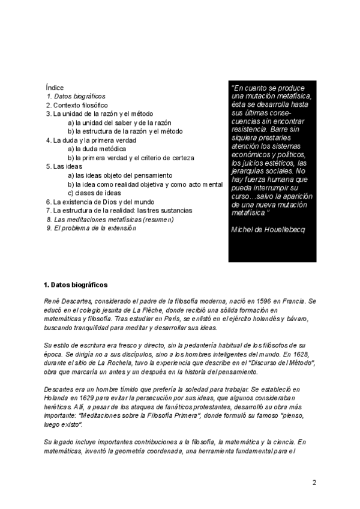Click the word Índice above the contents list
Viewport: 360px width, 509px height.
tap(55, 88)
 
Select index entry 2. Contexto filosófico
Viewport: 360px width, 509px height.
tap(73, 105)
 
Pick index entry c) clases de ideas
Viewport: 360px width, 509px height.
tap(94, 193)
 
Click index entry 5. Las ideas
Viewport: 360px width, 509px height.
tap(64, 166)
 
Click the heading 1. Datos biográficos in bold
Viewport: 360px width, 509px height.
tap(76, 284)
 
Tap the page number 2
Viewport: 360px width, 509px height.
tap(314, 482)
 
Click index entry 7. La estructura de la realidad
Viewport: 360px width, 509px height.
tap(119, 211)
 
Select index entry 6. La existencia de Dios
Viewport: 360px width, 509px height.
tap(100, 202)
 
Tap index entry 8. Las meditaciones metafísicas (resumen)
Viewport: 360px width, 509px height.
tap(110, 220)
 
